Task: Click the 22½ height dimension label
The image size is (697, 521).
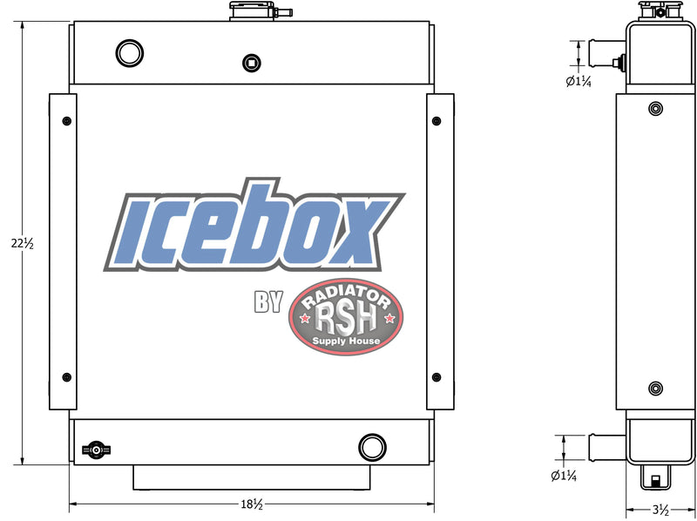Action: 23,243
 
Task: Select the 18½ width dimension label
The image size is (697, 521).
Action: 252,504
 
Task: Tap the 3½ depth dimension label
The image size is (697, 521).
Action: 661,510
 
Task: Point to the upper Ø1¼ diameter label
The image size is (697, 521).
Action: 579,81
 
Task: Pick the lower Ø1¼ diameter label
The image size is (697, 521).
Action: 564,476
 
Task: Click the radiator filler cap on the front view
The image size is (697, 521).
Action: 257,11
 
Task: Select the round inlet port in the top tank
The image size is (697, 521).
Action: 129,53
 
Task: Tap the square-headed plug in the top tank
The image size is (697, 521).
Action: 252,63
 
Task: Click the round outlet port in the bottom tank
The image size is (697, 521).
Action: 372,447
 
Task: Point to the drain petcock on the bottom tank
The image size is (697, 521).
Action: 96,450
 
